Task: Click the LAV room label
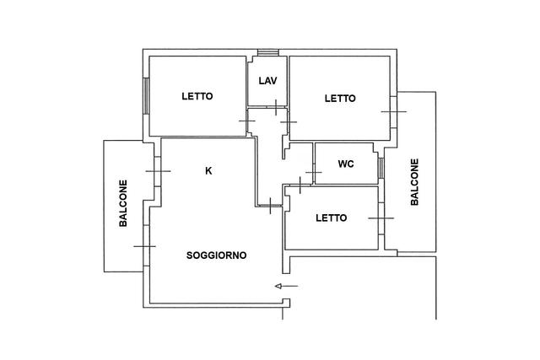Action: coord(268,81)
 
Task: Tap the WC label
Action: coord(346,164)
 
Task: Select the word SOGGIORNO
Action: coord(216,255)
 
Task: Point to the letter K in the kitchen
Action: coord(208,170)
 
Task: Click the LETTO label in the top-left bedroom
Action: coord(197,96)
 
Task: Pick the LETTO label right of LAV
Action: coord(340,99)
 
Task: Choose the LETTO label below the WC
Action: coord(332,218)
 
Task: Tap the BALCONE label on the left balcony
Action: coord(123,203)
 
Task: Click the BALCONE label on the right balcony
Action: coord(414,182)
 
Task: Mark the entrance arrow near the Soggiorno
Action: coord(286,286)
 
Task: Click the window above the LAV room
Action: coord(268,52)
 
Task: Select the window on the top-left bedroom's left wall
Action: coord(146,95)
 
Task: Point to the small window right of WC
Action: coord(381,168)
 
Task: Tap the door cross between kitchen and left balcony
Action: coord(158,171)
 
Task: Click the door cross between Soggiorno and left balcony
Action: coord(145,246)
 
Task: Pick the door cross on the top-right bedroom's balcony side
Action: coord(394,111)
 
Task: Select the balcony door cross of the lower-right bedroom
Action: coord(381,218)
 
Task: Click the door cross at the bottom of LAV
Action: coord(276,107)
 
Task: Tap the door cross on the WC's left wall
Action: coord(313,172)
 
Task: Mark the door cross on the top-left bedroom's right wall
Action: coord(247,121)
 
